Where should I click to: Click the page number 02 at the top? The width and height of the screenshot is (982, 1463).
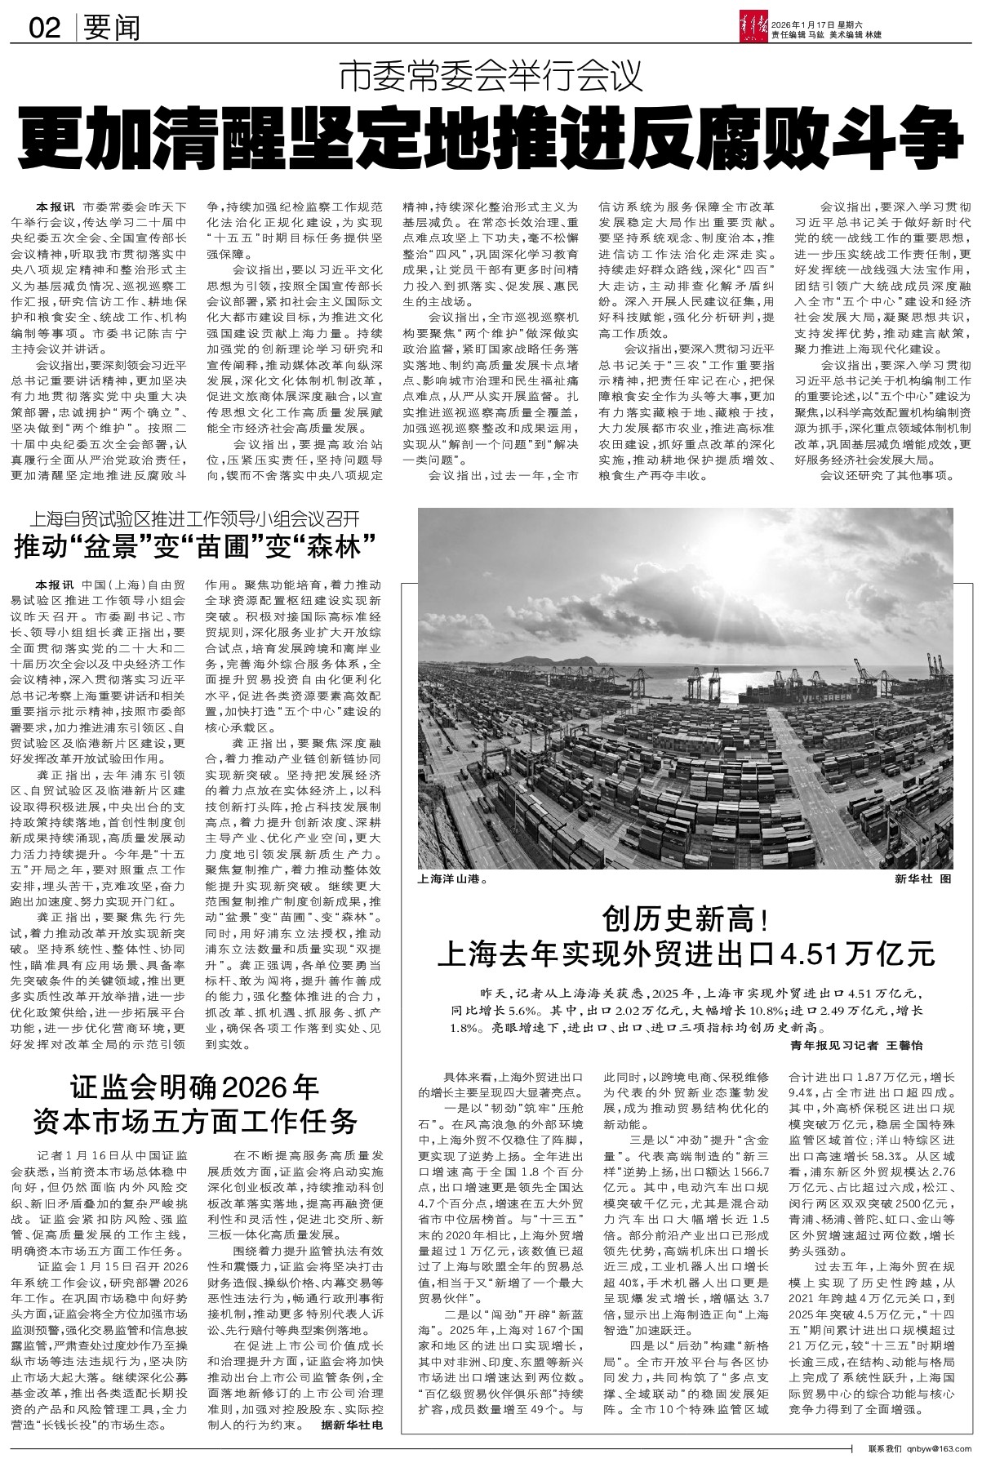[x=45, y=29]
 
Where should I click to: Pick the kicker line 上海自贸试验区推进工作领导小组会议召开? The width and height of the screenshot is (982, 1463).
[x=193, y=519]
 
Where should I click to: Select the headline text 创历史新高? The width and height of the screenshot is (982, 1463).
[x=687, y=920]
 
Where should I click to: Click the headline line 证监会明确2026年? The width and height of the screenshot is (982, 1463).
[x=194, y=1088]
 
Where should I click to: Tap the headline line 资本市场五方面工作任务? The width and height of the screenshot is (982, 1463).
[x=194, y=1119]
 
